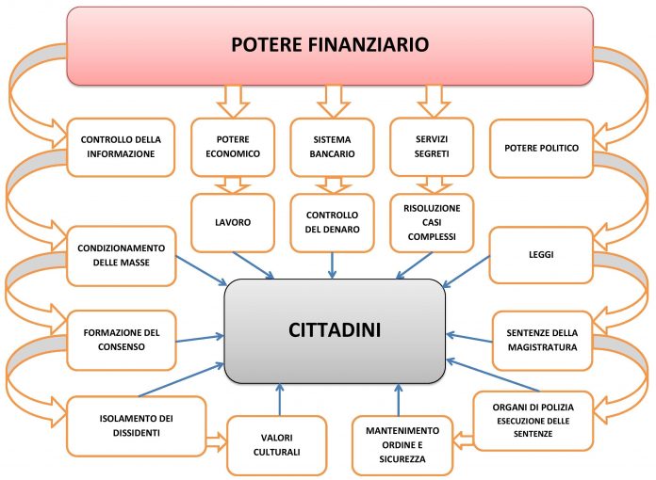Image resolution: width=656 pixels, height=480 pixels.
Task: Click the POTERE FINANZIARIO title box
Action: [x=330, y=46]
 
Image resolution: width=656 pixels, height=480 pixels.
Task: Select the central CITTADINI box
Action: [x=335, y=331]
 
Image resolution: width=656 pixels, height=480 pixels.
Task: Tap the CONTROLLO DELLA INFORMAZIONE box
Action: [x=121, y=147]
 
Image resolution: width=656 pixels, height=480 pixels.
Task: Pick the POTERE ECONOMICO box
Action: [x=233, y=147]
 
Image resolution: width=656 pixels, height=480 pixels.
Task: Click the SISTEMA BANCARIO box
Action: [x=332, y=147]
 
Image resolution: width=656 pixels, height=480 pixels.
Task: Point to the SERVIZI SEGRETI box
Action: [x=432, y=147]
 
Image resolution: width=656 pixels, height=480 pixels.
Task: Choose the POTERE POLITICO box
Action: [x=541, y=149]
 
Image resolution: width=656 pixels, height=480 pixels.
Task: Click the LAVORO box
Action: [x=233, y=223]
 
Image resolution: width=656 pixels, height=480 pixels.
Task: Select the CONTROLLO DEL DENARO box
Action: [x=332, y=223]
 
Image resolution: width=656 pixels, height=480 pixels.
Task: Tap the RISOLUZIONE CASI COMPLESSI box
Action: [x=432, y=223]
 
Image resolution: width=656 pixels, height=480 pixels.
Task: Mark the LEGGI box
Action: [x=541, y=255]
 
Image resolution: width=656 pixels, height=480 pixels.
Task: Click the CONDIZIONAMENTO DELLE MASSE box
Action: [x=122, y=256]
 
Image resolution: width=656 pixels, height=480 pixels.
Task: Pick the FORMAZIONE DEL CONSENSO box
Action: [x=122, y=340]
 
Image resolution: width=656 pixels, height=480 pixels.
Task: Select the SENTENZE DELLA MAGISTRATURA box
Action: [x=542, y=341]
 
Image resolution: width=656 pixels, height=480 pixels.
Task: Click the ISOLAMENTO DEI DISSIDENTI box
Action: [x=137, y=425]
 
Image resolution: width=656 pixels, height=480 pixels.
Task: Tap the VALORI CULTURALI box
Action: [x=276, y=445]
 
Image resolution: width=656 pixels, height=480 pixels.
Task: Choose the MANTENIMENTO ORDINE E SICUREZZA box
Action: [x=402, y=445]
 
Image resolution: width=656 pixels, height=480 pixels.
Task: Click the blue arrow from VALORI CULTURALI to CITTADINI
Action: [x=280, y=399]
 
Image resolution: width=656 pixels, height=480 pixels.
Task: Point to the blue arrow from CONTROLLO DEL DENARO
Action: [x=332, y=265]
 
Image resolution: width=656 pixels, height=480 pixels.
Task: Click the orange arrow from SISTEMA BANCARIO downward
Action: [x=333, y=185]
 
